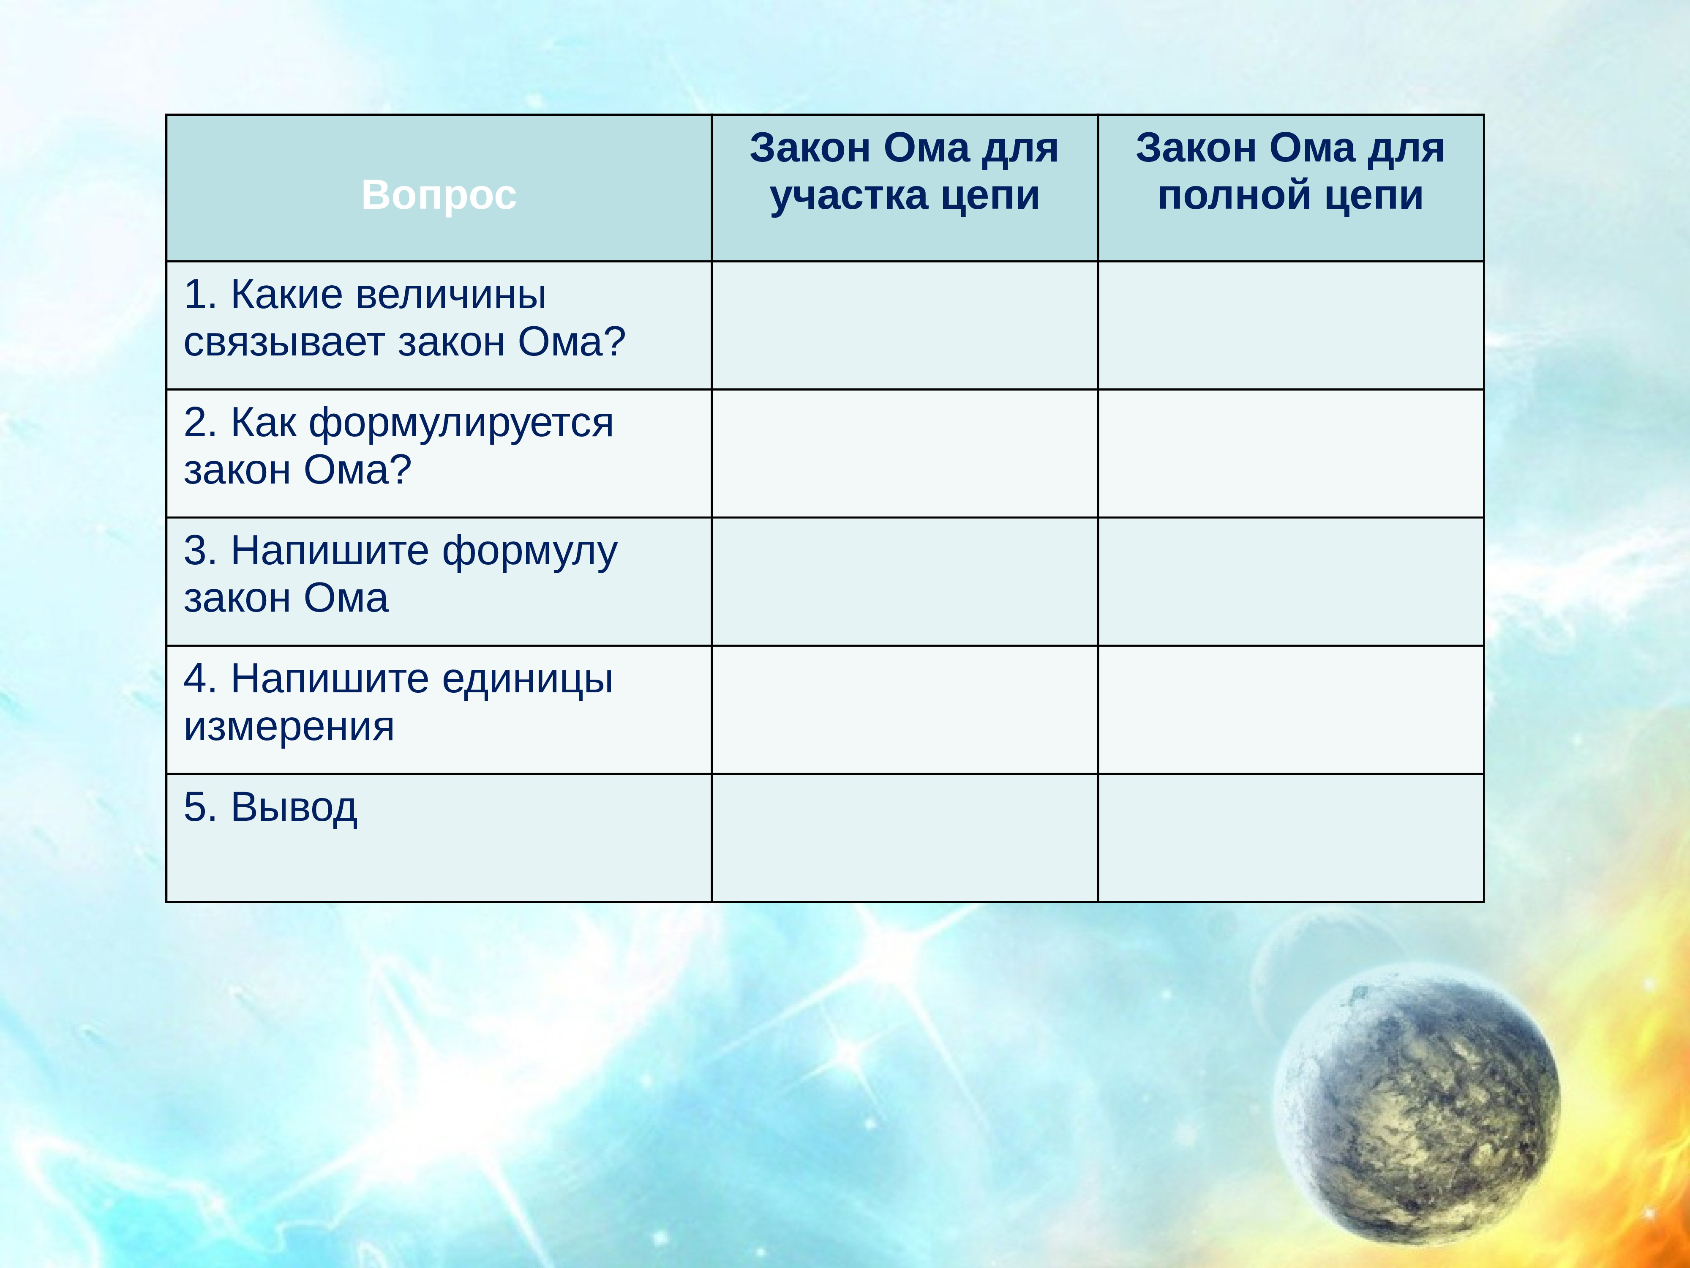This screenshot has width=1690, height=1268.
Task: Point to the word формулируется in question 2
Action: [461, 423]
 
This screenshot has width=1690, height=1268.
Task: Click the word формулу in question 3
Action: [529, 551]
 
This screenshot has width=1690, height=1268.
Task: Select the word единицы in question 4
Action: [527, 679]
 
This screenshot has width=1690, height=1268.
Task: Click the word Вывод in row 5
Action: [294, 807]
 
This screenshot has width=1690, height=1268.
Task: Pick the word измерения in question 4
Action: [289, 726]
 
